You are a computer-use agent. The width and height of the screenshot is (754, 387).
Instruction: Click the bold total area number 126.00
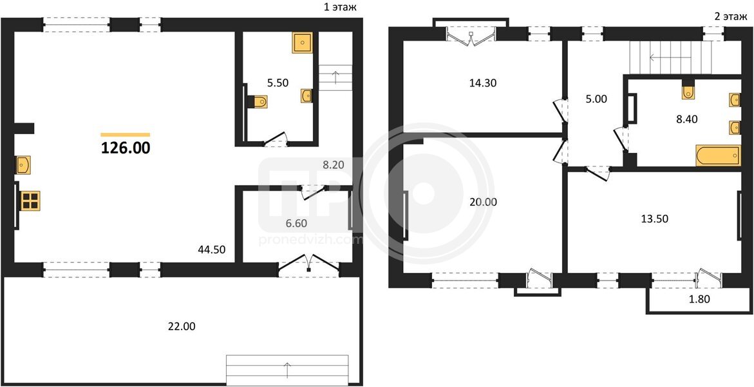(x=126, y=148)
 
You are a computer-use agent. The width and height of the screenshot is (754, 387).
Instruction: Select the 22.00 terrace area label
(x=182, y=326)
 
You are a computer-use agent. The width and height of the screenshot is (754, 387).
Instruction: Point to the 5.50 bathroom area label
(x=277, y=83)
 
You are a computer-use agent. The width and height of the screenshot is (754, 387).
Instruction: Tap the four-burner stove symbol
(x=30, y=201)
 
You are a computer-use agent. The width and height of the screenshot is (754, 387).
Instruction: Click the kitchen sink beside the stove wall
(x=23, y=165)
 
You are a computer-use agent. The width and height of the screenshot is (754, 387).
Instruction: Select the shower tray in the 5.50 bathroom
(x=302, y=43)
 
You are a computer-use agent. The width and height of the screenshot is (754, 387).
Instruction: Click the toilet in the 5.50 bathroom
(x=259, y=101)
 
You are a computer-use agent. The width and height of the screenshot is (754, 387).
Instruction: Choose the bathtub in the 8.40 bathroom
(x=718, y=156)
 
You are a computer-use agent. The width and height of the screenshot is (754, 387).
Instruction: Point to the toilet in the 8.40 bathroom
(x=688, y=91)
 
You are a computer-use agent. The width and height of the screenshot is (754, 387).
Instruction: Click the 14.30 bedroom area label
(x=483, y=83)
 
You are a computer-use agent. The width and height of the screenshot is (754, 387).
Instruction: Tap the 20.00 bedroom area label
(x=484, y=203)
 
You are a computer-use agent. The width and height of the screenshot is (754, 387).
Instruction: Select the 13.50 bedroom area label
(x=654, y=219)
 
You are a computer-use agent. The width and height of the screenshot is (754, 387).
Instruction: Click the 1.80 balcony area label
(x=699, y=299)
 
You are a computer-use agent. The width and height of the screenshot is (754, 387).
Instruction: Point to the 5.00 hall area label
(x=597, y=100)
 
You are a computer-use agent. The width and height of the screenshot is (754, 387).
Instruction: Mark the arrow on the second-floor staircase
(x=672, y=57)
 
